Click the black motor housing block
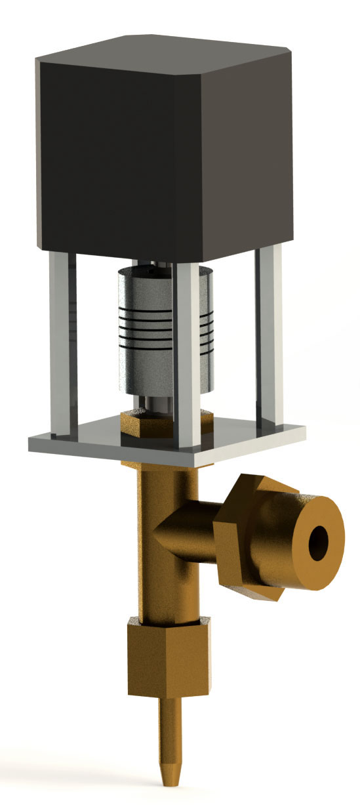(164, 144)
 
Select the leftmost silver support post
(59, 341)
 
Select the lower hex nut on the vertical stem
(167, 659)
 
